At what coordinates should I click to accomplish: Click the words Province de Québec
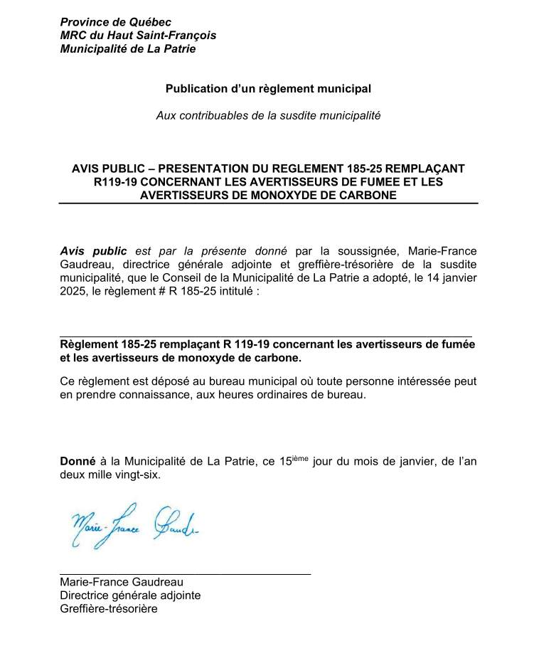coord(115,22)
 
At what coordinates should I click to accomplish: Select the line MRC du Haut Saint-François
coord(138,36)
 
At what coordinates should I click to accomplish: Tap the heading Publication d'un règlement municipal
coord(268,89)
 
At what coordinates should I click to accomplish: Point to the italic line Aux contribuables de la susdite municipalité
coord(268,115)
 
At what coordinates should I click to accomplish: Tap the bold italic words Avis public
coord(93,251)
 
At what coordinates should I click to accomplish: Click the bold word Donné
coord(77,461)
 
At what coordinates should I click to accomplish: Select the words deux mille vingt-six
coord(110,475)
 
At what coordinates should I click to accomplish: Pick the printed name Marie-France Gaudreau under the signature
coord(121,582)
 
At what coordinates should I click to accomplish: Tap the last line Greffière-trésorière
coord(108,609)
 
